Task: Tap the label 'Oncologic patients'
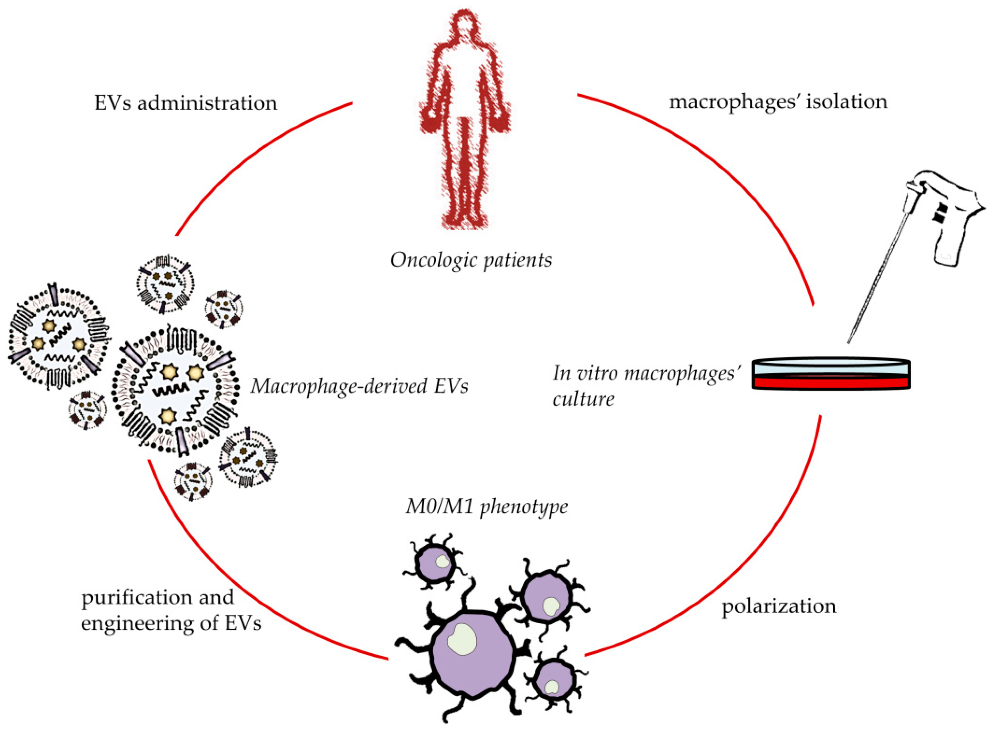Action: (471, 260)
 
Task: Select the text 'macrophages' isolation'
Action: (778, 102)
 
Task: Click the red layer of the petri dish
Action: (831, 383)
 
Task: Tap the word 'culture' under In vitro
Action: (583, 399)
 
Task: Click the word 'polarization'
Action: (779, 606)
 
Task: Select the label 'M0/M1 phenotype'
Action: (486, 506)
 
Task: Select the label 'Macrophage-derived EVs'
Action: (359, 386)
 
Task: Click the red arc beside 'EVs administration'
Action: (249, 151)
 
